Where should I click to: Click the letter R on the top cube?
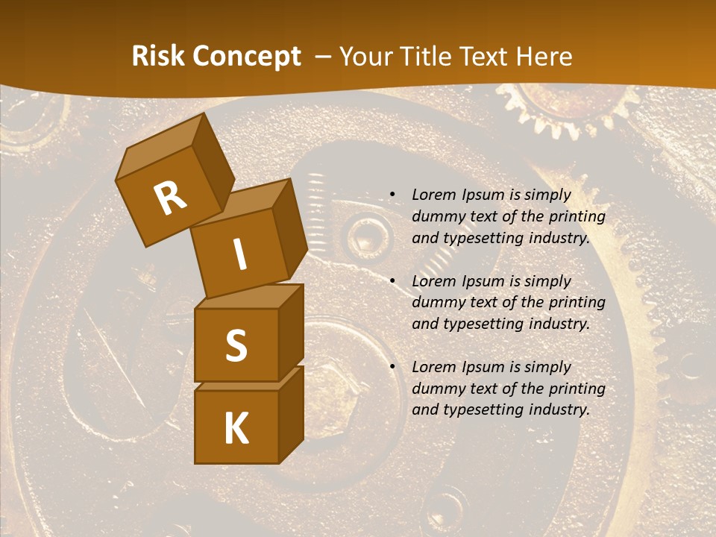pos(170,198)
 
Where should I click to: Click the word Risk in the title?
pos(158,57)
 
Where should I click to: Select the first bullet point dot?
pos(392,195)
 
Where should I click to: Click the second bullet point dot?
pos(392,281)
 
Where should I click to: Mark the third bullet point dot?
pos(392,367)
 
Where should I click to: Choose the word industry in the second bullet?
pos(559,324)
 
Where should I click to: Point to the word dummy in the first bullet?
pos(438,217)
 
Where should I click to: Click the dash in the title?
pos(323,57)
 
